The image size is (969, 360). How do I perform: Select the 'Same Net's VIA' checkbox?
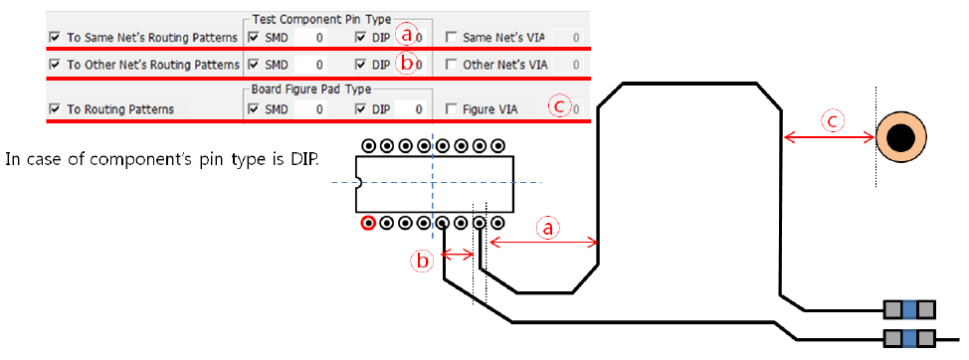pos(452,38)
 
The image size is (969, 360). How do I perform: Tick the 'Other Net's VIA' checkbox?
pos(452,64)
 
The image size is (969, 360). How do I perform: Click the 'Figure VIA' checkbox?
pos(452,109)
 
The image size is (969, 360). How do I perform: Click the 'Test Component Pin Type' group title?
pos(322,19)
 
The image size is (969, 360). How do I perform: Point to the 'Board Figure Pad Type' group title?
pos(311,89)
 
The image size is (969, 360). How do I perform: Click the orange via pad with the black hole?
pos(901,137)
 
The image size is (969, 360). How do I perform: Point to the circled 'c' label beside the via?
pos(832,121)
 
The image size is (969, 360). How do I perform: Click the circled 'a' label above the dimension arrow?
pos(546,229)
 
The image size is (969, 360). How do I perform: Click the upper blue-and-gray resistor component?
pos(909,308)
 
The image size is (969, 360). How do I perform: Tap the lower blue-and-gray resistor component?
pos(909,338)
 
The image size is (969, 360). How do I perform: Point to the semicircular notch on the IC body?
pos(358,183)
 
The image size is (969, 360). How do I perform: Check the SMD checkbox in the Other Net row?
pos(254,64)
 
